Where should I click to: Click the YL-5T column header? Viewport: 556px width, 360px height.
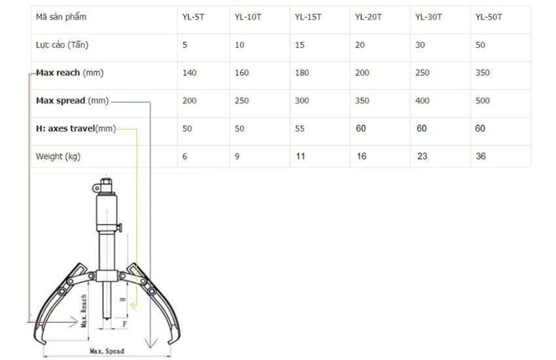193,17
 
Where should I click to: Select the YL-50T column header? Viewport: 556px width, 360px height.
489,17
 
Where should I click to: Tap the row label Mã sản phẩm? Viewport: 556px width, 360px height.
61,17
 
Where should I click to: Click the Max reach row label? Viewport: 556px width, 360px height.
69,73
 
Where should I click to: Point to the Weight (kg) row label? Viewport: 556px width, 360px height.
58,156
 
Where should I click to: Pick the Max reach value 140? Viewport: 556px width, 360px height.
189,73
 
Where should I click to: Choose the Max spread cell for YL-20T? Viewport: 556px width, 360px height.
362,101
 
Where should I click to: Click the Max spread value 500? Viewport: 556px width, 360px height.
482,101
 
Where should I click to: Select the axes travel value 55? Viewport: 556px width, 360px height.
300,129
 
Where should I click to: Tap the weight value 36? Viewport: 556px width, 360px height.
481,156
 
